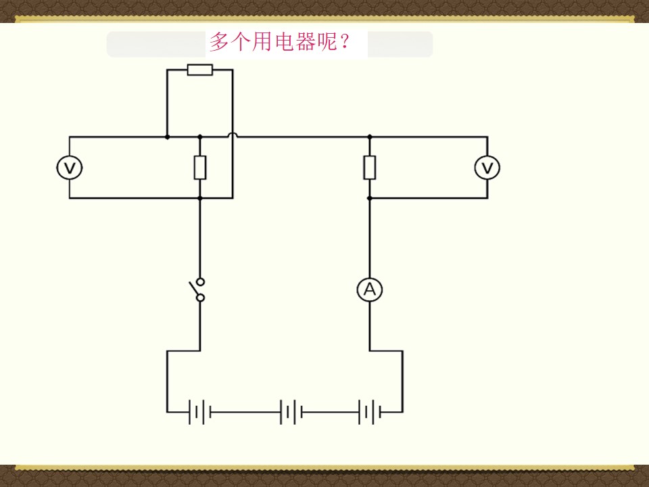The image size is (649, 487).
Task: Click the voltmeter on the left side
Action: point(70,168)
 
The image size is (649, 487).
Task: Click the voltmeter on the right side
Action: point(487,168)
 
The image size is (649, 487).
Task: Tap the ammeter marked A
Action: point(370,289)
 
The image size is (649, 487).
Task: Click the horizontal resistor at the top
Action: point(200,70)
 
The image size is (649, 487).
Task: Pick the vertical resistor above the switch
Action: point(200,168)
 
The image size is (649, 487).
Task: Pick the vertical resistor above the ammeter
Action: point(370,168)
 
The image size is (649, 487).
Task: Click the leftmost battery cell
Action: point(200,412)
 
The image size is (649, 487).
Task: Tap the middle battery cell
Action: point(291,412)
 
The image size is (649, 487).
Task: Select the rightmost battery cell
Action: point(370,412)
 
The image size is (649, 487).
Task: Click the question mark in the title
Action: point(344,41)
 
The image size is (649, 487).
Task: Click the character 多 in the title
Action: point(219,42)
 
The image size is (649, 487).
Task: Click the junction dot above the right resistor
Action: point(370,137)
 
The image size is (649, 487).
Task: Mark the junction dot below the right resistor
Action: point(370,198)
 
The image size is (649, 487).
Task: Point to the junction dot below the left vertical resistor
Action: point(200,198)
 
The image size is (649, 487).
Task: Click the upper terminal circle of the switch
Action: point(200,282)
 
